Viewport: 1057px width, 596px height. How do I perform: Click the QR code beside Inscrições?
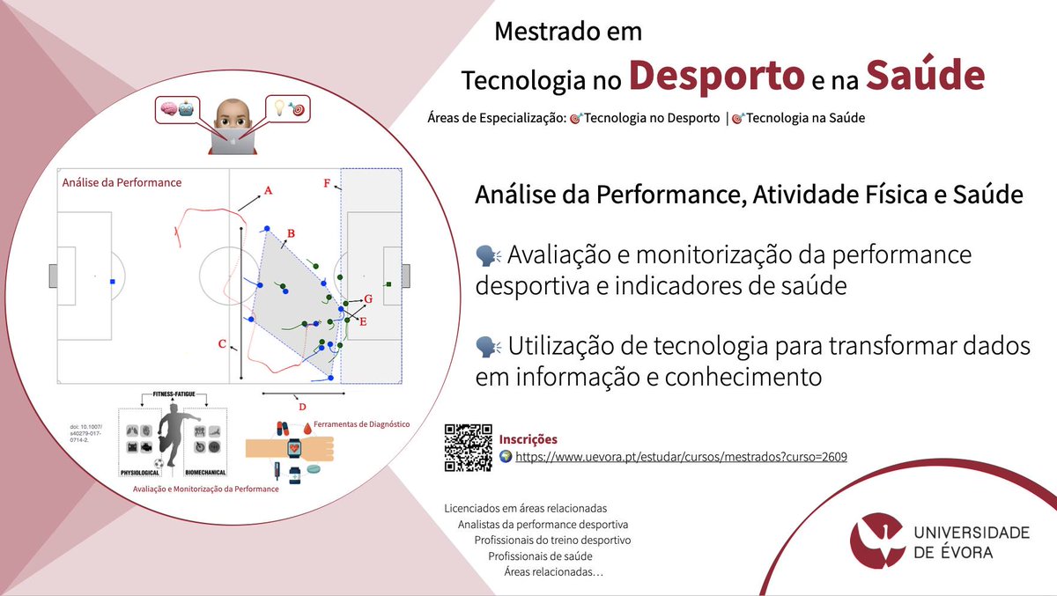point(468,448)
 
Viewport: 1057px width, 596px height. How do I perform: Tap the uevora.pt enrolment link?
point(681,458)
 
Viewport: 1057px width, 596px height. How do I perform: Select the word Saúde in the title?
point(924,77)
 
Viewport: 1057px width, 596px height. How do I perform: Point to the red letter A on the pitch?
point(269,190)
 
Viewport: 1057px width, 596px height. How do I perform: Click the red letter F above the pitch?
point(327,184)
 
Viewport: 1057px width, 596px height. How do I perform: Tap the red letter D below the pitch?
point(302,407)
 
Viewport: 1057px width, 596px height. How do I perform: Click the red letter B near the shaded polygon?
point(291,233)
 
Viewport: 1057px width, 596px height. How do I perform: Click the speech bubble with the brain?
point(175,111)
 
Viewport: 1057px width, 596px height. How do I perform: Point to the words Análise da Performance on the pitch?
point(122,182)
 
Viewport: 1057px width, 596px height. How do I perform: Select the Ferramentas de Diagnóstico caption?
point(361,424)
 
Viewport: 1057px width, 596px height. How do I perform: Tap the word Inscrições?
point(528,439)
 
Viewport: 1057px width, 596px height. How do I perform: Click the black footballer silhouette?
point(172,441)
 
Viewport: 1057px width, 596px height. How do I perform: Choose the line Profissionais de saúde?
point(540,556)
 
